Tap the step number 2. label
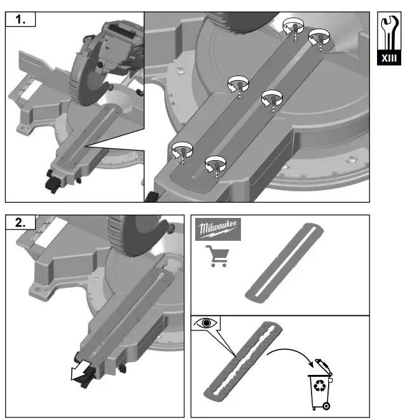(20, 222)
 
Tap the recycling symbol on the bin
(320, 385)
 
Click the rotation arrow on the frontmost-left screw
(182, 149)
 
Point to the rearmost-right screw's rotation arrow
(318, 36)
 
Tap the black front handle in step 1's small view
(51, 181)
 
